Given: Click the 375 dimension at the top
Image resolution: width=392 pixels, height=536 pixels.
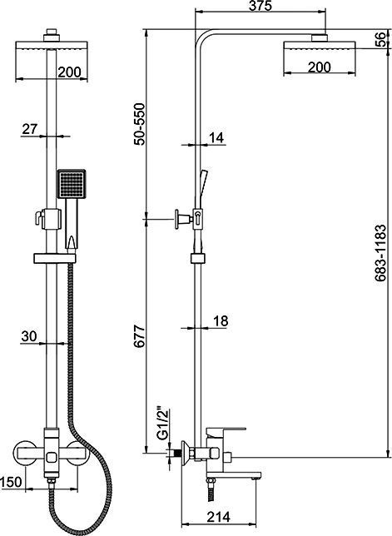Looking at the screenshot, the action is tap(260, 6).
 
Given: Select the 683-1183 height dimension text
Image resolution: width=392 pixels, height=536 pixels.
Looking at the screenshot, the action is tap(380, 253).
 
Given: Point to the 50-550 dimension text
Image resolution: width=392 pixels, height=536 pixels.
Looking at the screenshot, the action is tap(139, 125).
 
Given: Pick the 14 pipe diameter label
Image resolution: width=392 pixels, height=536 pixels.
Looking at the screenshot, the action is tap(216, 138).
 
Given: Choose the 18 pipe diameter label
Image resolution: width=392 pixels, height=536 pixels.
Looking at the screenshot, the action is tap(221, 321).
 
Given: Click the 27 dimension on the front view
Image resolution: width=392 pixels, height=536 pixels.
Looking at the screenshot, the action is tap(30, 129).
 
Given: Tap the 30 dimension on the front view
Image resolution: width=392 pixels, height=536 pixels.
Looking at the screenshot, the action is tap(28, 336).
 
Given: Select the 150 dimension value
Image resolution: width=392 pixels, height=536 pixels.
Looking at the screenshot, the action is tap(11, 482).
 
